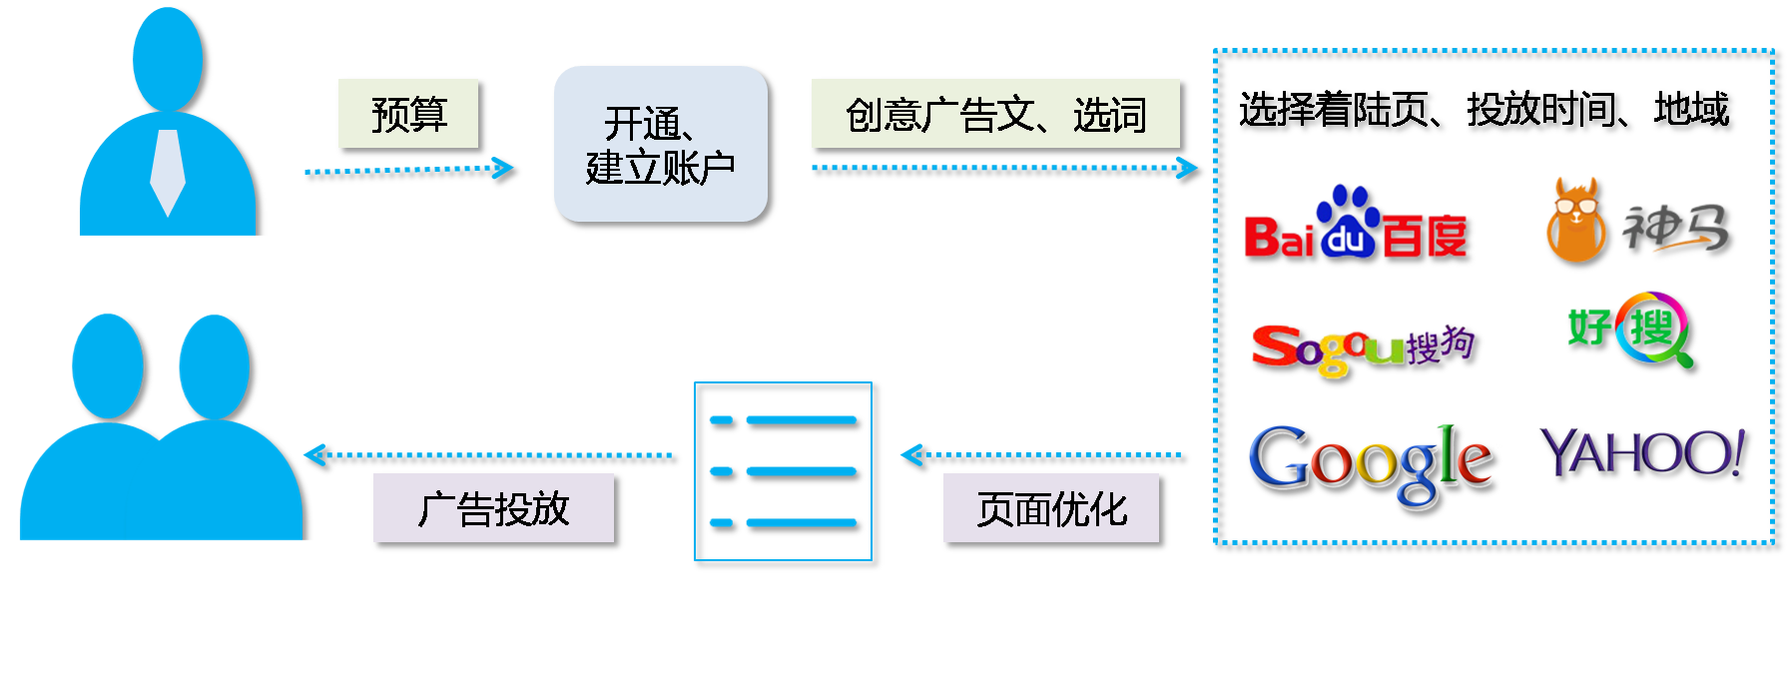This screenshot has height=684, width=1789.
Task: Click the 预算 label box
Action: (410, 115)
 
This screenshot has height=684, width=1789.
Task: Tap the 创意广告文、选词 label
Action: (996, 115)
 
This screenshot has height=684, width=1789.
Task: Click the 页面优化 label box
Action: (1053, 510)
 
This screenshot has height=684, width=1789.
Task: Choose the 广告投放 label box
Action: (495, 510)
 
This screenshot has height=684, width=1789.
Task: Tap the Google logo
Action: (1373, 463)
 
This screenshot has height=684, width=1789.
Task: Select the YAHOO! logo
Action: (1644, 455)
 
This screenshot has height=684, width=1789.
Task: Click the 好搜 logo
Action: (1635, 330)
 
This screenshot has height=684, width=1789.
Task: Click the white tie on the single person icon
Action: (167, 170)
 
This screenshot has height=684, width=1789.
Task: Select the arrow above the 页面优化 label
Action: (1043, 457)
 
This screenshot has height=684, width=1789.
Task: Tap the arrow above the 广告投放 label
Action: (489, 457)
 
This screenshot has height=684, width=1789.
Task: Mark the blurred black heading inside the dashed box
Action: (1488, 113)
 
